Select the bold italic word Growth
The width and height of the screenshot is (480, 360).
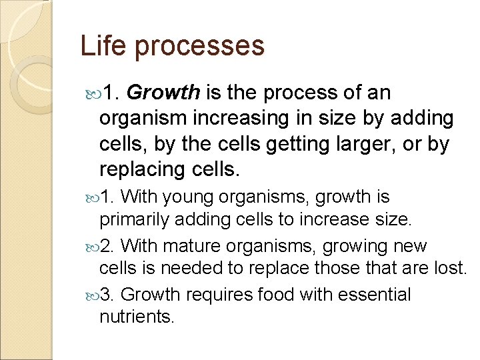(163, 93)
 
